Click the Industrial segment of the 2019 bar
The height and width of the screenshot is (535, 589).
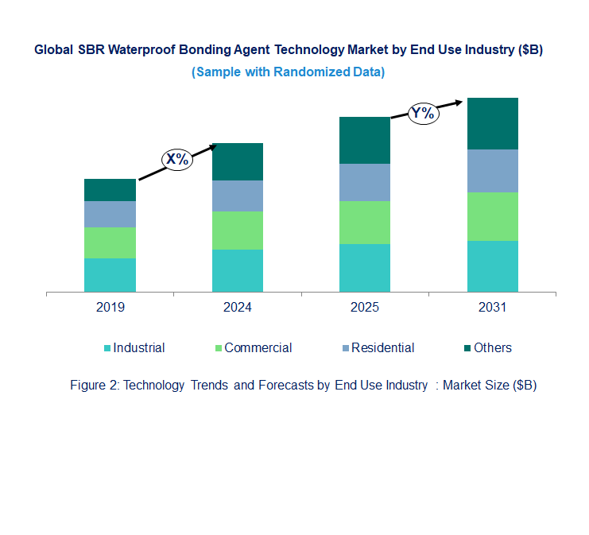pos(110,275)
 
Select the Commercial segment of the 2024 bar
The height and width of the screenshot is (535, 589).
pos(238,231)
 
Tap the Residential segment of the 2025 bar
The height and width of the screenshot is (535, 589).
pos(365,182)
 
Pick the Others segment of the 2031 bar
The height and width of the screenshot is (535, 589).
pos(492,123)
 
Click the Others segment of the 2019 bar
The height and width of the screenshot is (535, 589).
pos(110,190)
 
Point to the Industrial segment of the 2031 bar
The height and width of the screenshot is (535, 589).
pos(492,266)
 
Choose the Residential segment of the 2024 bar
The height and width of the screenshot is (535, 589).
pos(238,196)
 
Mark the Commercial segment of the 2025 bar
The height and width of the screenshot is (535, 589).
pos(365,223)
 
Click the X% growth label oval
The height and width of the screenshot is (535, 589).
pos(177,159)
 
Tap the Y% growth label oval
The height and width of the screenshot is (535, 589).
pos(423,113)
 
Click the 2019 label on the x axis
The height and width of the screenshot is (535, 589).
pos(110,308)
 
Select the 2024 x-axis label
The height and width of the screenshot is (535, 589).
pos(238,308)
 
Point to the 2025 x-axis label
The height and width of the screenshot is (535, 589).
pos(365,308)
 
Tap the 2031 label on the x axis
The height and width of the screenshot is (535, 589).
pos(492,308)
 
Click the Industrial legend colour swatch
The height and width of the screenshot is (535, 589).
pos(107,348)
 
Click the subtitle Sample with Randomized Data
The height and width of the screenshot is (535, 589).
pos(288,72)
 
